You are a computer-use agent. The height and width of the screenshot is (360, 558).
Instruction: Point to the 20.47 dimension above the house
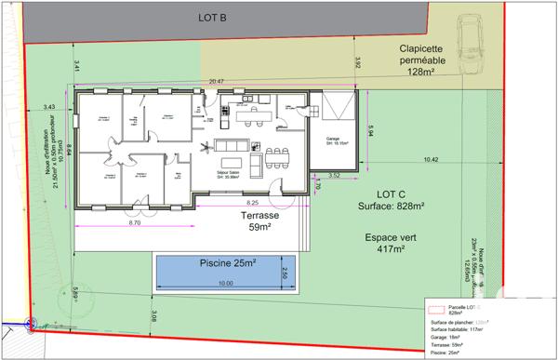tap(217, 82)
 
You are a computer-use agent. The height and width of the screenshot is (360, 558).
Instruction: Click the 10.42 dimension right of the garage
tap(430, 160)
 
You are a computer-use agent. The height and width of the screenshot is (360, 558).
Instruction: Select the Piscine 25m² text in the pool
tap(220, 263)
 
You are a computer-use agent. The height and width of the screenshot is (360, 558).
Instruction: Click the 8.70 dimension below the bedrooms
tap(134, 223)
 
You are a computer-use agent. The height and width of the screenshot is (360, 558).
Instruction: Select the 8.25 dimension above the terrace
tap(252, 202)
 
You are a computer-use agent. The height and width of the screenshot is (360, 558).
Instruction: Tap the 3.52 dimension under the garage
tap(335, 175)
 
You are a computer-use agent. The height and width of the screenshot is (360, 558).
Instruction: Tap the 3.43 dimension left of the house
tap(49, 108)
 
